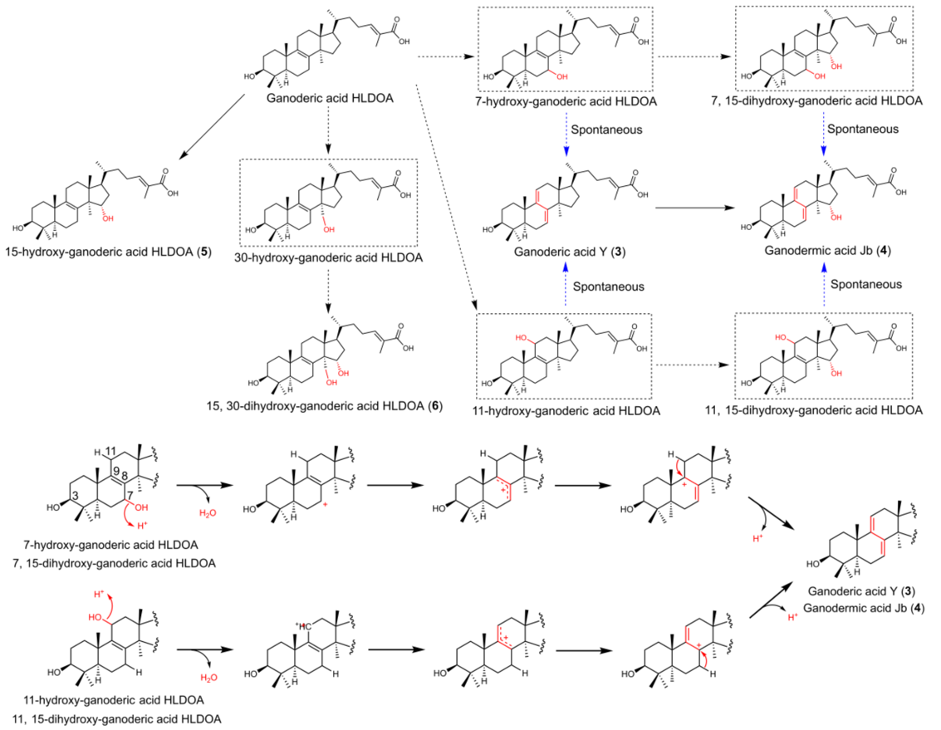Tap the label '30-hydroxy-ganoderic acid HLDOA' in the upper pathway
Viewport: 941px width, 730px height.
(x=328, y=258)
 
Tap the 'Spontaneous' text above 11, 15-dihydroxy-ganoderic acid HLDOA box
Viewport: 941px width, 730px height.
(x=866, y=285)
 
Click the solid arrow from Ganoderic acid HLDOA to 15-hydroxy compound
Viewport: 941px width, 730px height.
(x=212, y=125)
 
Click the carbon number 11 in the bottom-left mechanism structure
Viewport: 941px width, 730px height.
(x=110, y=451)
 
